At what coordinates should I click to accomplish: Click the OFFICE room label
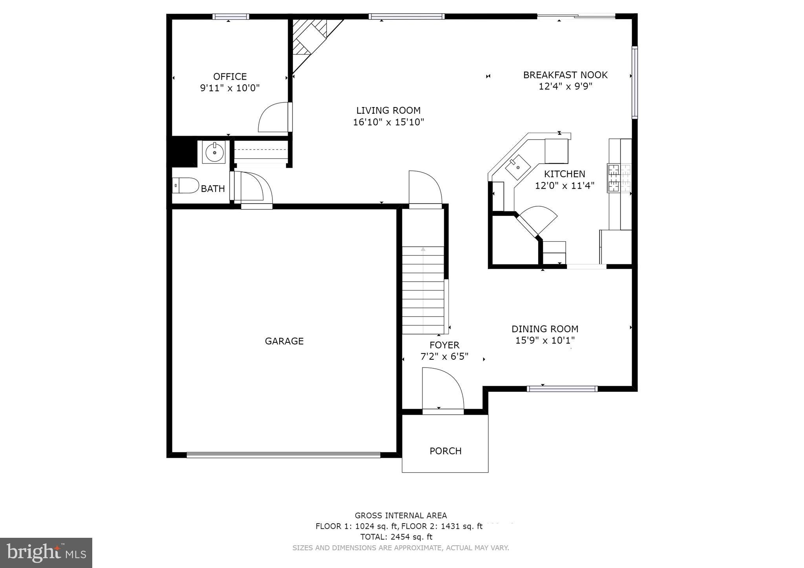230,76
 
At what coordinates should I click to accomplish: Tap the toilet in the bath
186,185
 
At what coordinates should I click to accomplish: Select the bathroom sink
214,152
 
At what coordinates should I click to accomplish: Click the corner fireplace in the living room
310,39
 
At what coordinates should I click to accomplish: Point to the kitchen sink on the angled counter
517,167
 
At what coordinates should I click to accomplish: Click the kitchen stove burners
619,178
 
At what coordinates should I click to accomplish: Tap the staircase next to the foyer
423,290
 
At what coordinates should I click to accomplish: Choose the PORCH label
445,451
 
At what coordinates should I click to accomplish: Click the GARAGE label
284,341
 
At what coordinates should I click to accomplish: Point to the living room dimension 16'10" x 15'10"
388,122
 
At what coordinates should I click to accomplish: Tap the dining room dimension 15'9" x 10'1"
545,340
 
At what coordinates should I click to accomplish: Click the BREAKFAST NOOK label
565,75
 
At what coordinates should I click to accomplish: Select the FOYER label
444,345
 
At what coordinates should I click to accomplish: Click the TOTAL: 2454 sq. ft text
396,537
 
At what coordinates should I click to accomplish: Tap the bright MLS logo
46,553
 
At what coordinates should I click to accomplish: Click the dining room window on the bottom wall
562,389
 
